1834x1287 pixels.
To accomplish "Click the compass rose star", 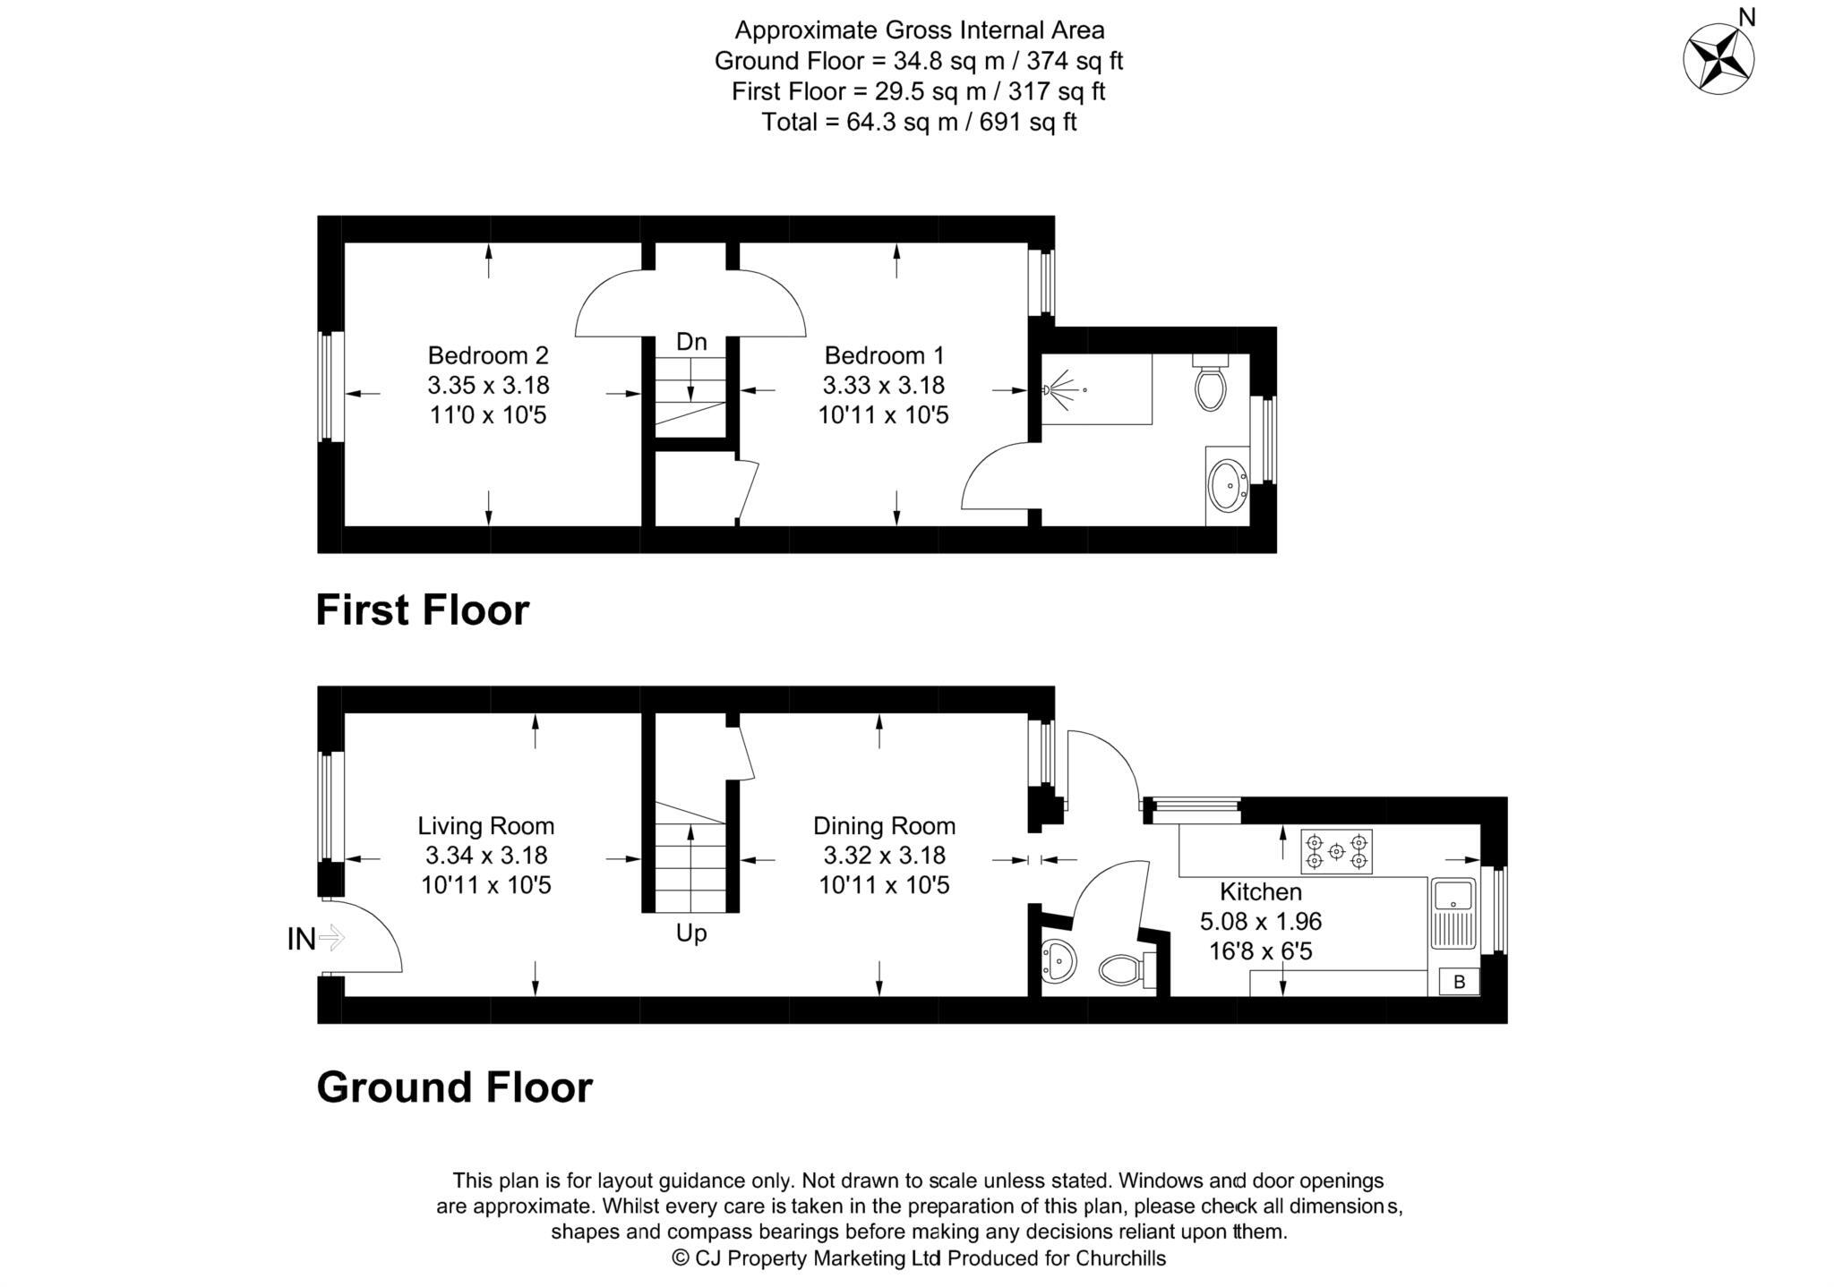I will coord(1718,60).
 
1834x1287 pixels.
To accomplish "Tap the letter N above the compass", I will coord(1745,16).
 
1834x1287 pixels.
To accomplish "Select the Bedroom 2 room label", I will coord(488,355).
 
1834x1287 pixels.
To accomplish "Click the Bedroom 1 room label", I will coord(884,355).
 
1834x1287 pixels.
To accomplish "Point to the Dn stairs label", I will coord(691,341).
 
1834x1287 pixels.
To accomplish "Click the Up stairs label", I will coord(691,933).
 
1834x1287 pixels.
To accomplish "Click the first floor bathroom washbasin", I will coord(1227,485).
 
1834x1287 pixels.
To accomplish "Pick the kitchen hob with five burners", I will coord(1336,852).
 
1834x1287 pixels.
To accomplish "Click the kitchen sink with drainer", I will coord(1452,912).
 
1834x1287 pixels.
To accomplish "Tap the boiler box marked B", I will coord(1459,982).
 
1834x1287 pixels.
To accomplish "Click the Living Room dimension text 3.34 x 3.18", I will coord(486,856).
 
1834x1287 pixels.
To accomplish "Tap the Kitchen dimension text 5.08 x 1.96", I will coord(1261,921).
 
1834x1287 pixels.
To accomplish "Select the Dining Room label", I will coord(884,825).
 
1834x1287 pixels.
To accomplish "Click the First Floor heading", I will coord(423,610).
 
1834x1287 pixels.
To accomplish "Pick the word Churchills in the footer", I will coord(1120,1258).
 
